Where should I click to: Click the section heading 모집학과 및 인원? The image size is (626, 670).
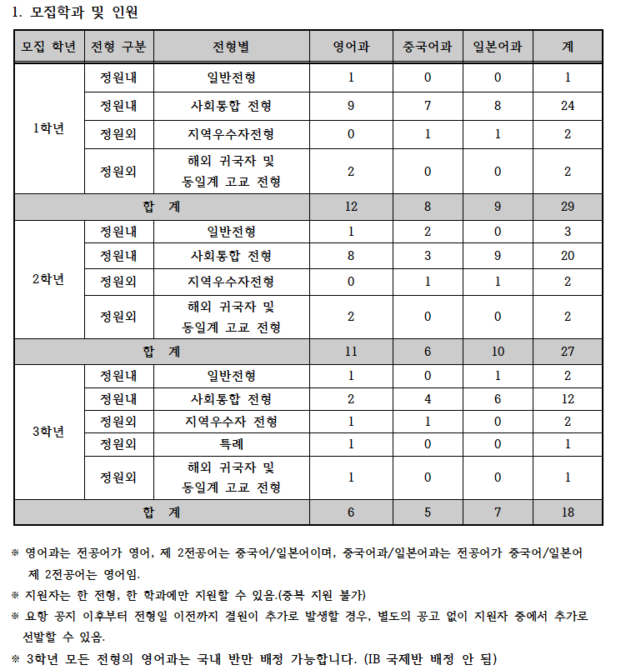point(83,12)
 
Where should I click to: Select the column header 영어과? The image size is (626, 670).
point(351,47)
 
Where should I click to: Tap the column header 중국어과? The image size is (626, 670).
point(428,47)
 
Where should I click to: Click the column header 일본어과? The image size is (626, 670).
point(498,47)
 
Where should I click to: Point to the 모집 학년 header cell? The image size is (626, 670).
point(49,47)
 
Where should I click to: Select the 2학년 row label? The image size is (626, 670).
point(49,278)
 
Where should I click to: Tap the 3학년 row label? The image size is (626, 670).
point(49,432)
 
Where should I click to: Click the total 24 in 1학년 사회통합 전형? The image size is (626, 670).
point(568,106)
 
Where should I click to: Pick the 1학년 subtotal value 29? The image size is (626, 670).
point(568,207)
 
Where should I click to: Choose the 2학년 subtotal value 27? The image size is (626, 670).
point(568,352)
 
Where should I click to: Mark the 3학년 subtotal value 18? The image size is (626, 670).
point(568,512)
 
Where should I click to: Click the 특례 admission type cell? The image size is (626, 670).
point(232,444)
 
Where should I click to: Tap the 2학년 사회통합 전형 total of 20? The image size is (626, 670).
point(568,256)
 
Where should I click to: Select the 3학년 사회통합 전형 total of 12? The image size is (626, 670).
point(568,400)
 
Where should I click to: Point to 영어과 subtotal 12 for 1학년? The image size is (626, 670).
point(351,207)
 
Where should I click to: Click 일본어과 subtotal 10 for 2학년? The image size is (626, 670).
point(498,352)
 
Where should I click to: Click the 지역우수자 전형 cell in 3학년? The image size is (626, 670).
point(232,422)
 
